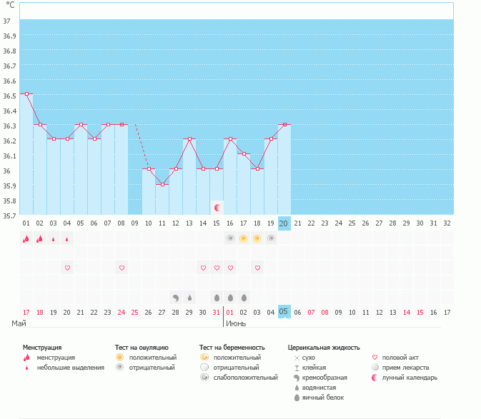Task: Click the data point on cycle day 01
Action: (26, 94)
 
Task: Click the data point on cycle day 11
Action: (162, 184)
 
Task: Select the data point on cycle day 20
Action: (284, 124)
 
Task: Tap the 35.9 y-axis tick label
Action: (10, 186)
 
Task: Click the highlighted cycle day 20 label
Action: (284, 223)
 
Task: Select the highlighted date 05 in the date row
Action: (284, 311)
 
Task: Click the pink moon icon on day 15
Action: (217, 207)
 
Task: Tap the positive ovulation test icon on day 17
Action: (244, 238)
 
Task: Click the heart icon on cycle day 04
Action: (67, 268)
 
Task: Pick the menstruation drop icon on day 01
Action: (26, 238)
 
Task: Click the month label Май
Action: (19, 323)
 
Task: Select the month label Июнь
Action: (237, 323)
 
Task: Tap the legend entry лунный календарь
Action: (410, 377)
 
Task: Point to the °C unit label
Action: (10, 5)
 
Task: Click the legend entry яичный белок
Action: (320, 398)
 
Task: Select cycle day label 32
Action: (447, 223)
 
